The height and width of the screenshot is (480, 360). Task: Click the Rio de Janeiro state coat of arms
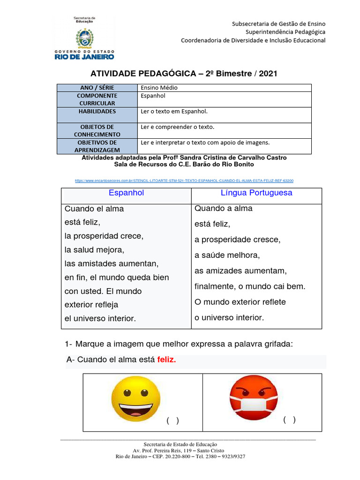(x=84, y=37)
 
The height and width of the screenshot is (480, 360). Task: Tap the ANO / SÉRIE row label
(x=97, y=88)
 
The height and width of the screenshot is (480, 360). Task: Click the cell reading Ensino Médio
(x=159, y=88)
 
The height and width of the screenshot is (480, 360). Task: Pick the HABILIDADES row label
(x=97, y=112)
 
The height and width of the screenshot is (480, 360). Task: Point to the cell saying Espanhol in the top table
(x=153, y=96)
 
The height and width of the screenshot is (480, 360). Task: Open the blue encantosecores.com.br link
(x=184, y=180)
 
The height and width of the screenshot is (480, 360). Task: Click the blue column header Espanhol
(x=126, y=193)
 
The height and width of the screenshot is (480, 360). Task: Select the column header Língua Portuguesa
(x=256, y=193)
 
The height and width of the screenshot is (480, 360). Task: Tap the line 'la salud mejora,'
(x=94, y=250)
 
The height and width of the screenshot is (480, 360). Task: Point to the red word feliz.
(x=166, y=360)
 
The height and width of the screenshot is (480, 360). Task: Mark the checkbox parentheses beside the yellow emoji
(x=172, y=420)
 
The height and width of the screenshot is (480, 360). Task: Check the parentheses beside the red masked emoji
(x=289, y=420)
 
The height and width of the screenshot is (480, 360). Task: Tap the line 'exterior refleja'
(x=91, y=305)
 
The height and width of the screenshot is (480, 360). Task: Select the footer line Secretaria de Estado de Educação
(x=180, y=444)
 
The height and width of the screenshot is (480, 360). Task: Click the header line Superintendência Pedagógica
(x=285, y=32)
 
